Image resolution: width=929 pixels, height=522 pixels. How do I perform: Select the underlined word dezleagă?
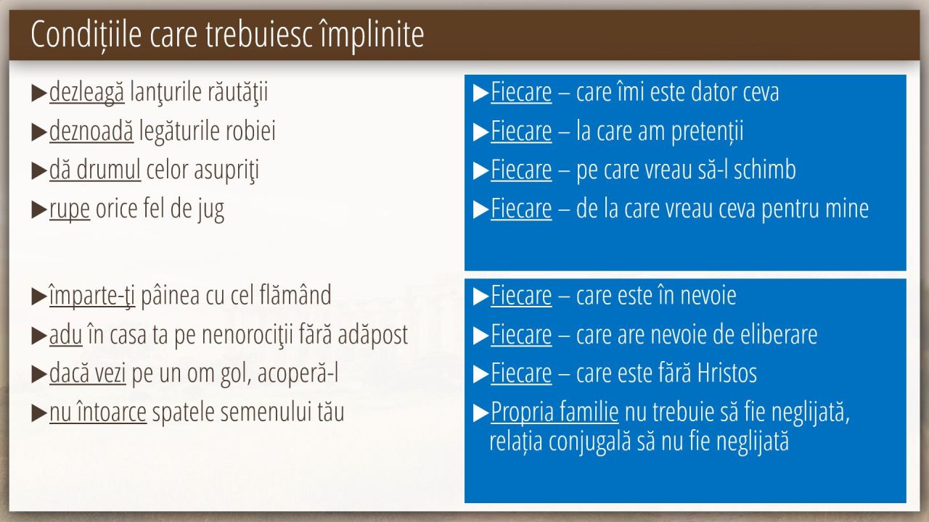(86, 92)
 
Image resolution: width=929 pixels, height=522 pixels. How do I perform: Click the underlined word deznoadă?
(91, 131)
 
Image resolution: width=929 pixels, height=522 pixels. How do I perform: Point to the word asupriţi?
(226, 170)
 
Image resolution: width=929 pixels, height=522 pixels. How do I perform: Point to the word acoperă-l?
(298, 373)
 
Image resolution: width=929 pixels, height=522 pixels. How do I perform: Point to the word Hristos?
(727, 373)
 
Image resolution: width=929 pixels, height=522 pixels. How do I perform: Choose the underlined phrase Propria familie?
(554, 413)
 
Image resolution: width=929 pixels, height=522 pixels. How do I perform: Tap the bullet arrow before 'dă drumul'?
(39, 171)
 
